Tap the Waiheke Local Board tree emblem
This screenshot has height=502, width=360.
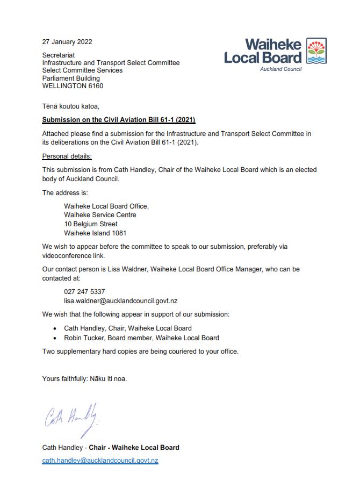[316, 51]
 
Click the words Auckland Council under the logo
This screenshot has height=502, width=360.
[280, 69]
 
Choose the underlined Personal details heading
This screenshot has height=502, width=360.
[67, 156]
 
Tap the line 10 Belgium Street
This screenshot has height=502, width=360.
[91, 224]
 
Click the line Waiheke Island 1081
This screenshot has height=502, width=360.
[95, 233]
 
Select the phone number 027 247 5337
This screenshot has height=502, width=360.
[84, 292]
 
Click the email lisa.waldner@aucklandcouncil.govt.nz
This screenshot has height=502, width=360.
[120, 301]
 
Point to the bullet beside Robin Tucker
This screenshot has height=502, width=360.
[56, 338]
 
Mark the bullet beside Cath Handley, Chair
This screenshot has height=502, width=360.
[56, 328]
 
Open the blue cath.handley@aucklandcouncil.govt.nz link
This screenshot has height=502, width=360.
[100, 461]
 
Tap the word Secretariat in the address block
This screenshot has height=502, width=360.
[59, 55]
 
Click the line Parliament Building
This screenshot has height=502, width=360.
[71, 78]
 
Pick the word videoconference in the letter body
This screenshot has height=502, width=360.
[66, 256]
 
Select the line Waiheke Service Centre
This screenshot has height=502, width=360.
[100, 215]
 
